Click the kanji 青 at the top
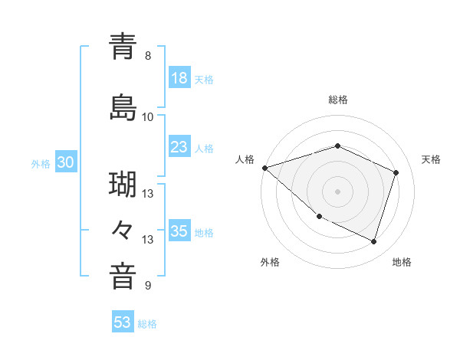pos(123,46)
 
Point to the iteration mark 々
pos(123,229)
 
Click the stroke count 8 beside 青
pos(148,56)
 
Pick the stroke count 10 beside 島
pos(148,117)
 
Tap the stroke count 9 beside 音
pos(148,286)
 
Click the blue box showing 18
pos(179,78)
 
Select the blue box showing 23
pos(179,147)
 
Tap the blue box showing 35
pos(179,231)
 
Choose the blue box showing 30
pos(66,162)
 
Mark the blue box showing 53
pos(123,322)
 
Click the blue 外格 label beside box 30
pos(41,163)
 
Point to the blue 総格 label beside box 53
pos(147,324)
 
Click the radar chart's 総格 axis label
pos(338,100)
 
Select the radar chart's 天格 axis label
pos(431,159)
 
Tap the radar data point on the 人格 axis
pos(264,168)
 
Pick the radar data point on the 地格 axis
pos(373,241)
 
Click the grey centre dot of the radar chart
pos(338,191)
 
